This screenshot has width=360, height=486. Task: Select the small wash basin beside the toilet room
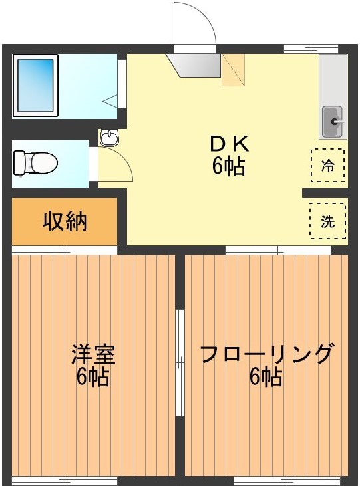109,138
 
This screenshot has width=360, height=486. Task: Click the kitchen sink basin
332,121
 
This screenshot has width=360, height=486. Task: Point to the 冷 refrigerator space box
328,165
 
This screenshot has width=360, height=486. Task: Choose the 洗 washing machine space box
328,221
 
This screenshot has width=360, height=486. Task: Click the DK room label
229,143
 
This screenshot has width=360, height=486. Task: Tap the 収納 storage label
65,221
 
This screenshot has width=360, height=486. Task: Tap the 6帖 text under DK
229,166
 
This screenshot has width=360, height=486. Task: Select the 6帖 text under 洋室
93,377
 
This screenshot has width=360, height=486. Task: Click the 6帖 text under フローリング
266,377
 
